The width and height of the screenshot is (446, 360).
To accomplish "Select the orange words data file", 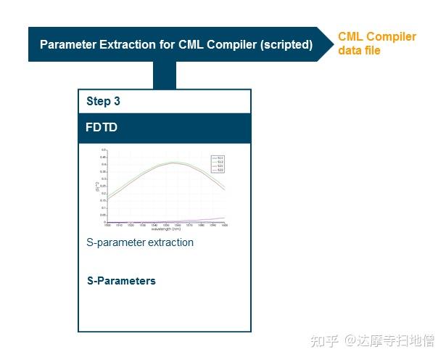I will pyautogui.click(x=359, y=51).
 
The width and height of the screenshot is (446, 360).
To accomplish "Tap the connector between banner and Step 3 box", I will pyautogui.click(x=165, y=75).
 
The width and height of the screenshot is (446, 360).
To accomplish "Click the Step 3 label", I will pyautogui.click(x=103, y=102).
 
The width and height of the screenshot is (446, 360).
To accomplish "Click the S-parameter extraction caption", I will pyautogui.click(x=140, y=242).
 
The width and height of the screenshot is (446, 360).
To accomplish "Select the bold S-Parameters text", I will pyautogui.click(x=121, y=281).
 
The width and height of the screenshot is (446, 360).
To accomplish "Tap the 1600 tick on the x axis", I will pyautogui.click(x=225, y=225).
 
